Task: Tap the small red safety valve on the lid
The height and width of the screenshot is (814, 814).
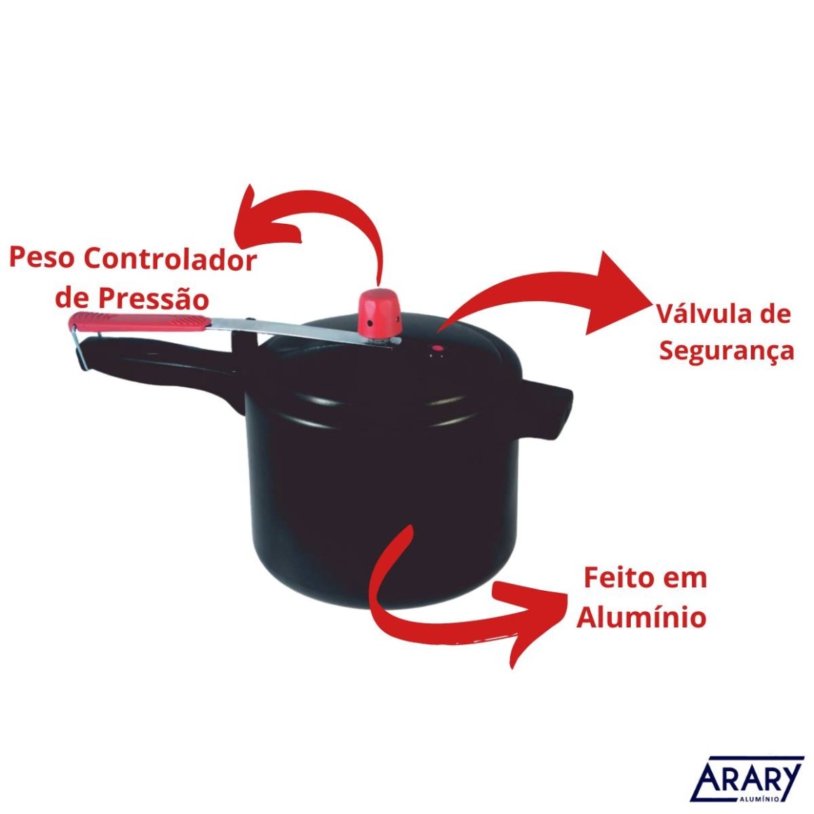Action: click(438, 348)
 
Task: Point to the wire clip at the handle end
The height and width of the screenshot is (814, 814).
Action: click(79, 348)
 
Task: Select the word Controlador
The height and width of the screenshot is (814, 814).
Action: click(171, 258)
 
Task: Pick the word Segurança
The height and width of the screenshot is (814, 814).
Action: click(727, 351)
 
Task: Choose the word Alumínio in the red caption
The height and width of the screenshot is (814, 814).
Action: click(641, 618)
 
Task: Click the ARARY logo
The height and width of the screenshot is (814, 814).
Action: click(747, 780)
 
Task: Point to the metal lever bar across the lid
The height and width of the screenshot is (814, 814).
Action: click(305, 331)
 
